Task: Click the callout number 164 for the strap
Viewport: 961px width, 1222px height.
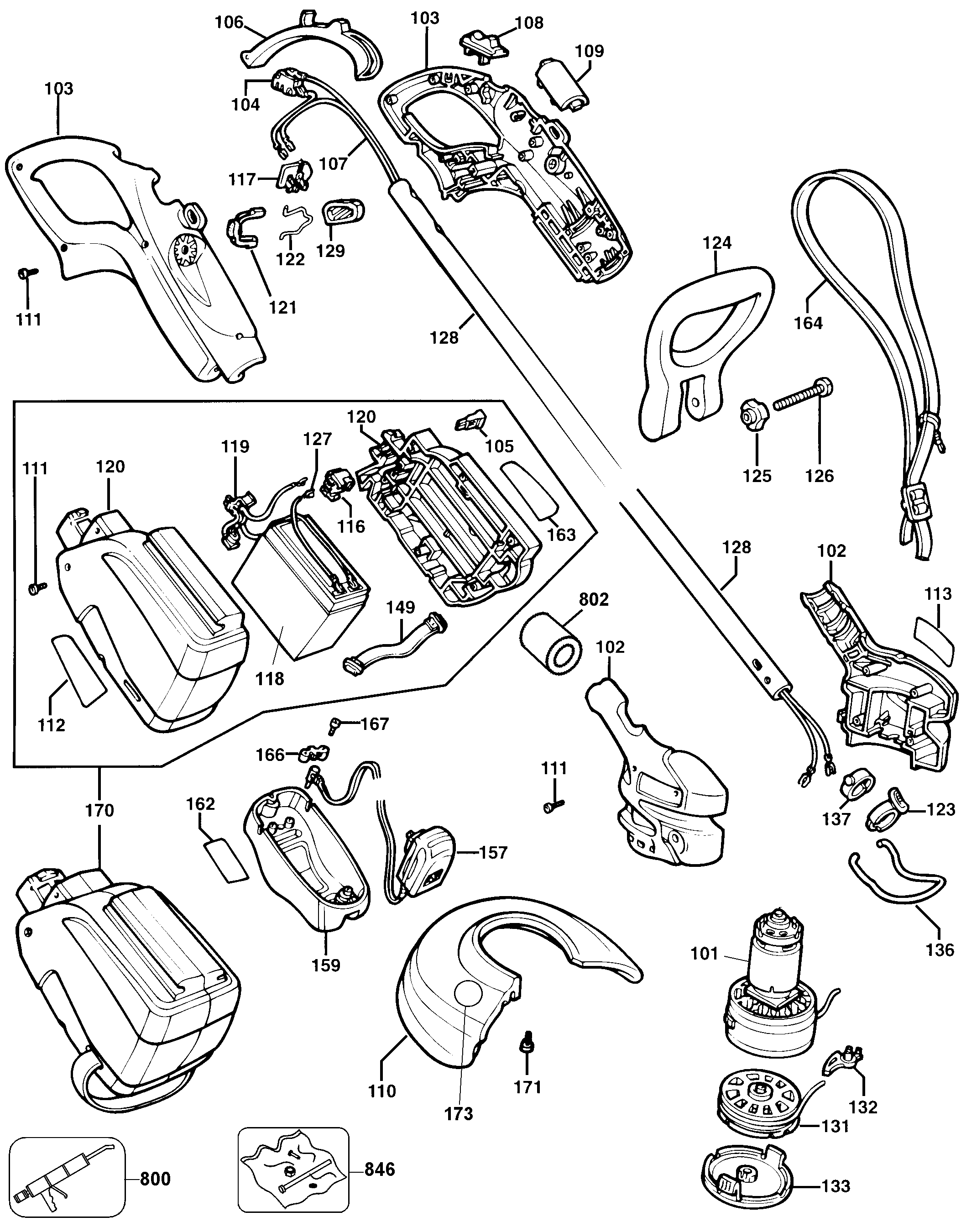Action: coord(808,323)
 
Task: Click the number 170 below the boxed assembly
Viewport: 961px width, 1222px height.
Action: coord(99,811)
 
